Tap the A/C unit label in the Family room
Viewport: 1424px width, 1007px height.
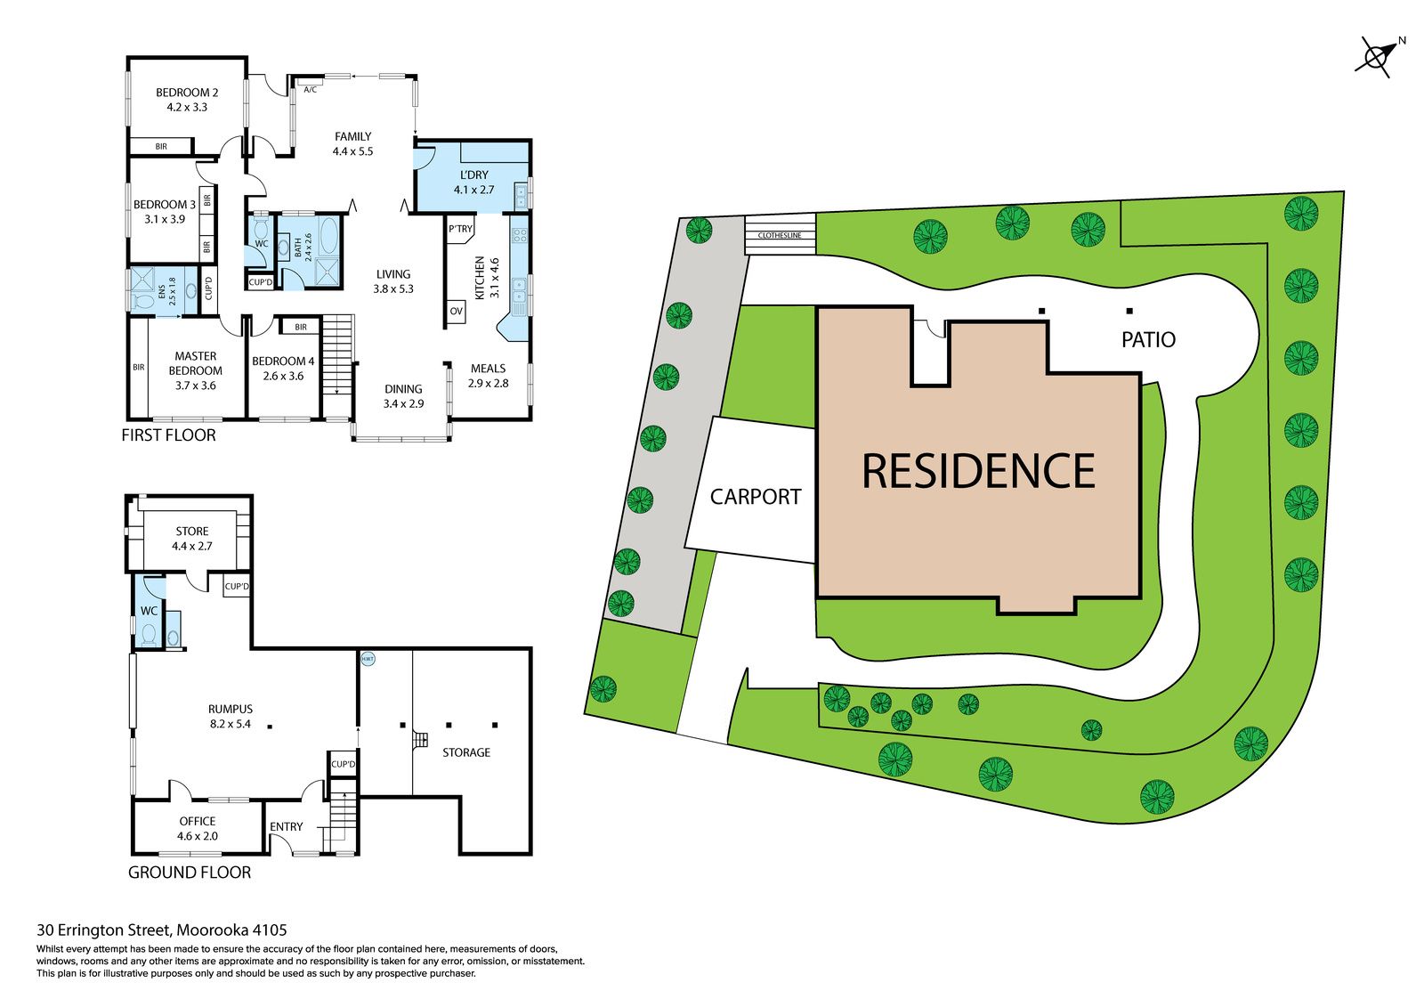pyautogui.click(x=311, y=90)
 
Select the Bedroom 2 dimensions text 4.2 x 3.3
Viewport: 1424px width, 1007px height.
pyautogui.click(x=187, y=108)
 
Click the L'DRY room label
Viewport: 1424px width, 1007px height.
pyautogui.click(x=474, y=175)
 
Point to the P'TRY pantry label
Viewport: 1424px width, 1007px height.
pyautogui.click(x=460, y=229)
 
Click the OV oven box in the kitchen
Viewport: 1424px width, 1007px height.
pyautogui.click(x=457, y=312)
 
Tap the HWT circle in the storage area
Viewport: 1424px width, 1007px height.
pyautogui.click(x=368, y=659)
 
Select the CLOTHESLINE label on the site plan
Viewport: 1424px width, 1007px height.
pyautogui.click(x=780, y=235)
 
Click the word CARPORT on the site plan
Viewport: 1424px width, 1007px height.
pyautogui.click(x=756, y=497)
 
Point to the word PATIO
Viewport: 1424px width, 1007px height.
pyautogui.click(x=1148, y=340)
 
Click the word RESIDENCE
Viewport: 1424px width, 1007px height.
pyautogui.click(x=978, y=471)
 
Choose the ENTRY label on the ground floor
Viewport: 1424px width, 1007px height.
pyautogui.click(x=286, y=826)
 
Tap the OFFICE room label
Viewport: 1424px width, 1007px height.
pyautogui.click(x=197, y=821)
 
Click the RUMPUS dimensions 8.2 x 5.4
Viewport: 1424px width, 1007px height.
pyautogui.click(x=231, y=724)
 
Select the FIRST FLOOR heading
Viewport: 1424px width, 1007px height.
pyautogui.click(x=168, y=435)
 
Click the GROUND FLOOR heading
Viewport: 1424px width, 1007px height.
pyautogui.click(x=190, y=873)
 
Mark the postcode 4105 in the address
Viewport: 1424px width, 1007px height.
pyautogui.click(x=271, y=930)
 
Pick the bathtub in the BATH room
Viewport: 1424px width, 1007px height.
pyautogui.click(x=328, y=235)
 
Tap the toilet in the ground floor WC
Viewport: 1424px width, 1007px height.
pyautogui.click(x=150, y=634)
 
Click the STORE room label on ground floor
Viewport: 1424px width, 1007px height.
pyautogui.click(x=192, y=532)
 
